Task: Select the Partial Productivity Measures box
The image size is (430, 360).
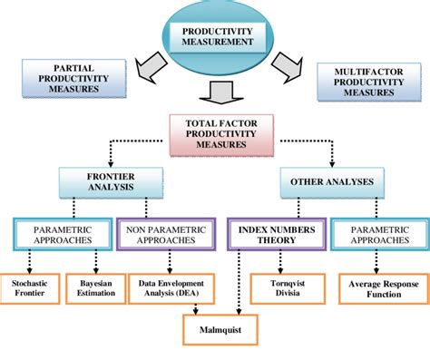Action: (x=73, y=79)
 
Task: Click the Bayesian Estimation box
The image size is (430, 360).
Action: (x=97, y=288)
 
